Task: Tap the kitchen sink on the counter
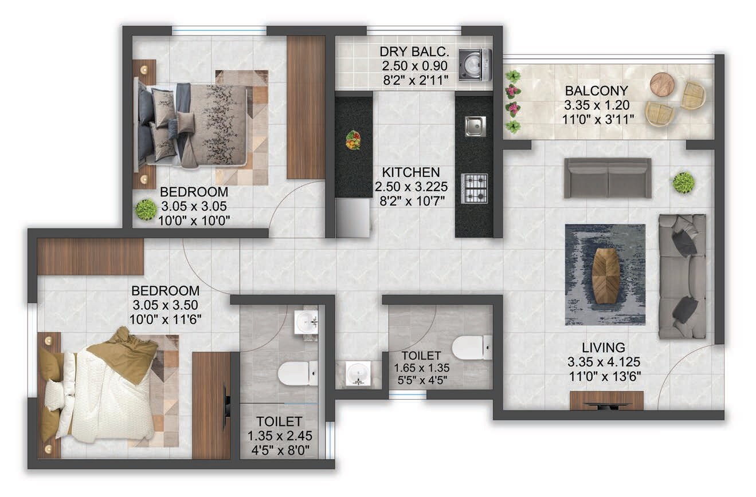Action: tap(475, 125)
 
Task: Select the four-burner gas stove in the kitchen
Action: tap(475, 188)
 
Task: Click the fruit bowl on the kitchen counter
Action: tap(353, 140)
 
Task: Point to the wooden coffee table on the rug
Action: tap(606, 275)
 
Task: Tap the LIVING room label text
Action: tap(603, 348)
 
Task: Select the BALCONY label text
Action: tap(596, 91)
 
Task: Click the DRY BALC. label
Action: tap(414, 52)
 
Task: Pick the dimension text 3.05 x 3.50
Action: tap(166, 305)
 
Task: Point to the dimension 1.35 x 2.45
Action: tap(279, 436)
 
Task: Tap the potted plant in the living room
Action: tap(683, 183)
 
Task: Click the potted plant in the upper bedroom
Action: tap(146, 209)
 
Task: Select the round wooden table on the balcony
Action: tap(663, 84)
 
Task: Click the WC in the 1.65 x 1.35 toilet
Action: tap(472, 347)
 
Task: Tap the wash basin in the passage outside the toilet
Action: tap(358, 374)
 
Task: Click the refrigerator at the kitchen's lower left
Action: tap(352, 218)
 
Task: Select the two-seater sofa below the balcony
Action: tap(608, 178)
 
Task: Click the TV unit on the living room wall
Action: tap(606, 401)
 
